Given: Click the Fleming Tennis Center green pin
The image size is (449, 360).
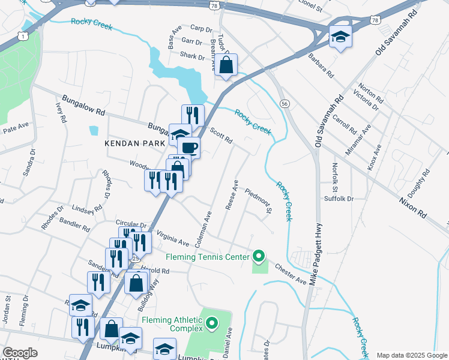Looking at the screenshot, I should pos(259,257).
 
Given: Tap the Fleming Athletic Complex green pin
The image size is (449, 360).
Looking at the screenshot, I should pos(211,325).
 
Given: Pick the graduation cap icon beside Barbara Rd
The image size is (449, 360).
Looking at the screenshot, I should pos(340,37).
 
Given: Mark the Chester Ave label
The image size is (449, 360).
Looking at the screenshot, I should pos(291,272).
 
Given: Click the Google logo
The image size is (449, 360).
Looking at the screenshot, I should pos(20,353).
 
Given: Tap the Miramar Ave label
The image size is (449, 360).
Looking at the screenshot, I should pos(362,136).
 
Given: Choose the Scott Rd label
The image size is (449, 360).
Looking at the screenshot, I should pos(221,135).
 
